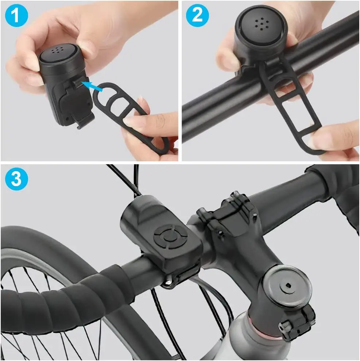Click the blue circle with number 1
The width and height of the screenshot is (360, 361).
tap(15, 15)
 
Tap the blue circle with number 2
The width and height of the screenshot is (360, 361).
tap(197, 15)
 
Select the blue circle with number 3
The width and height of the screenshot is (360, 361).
tap(15, 179)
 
